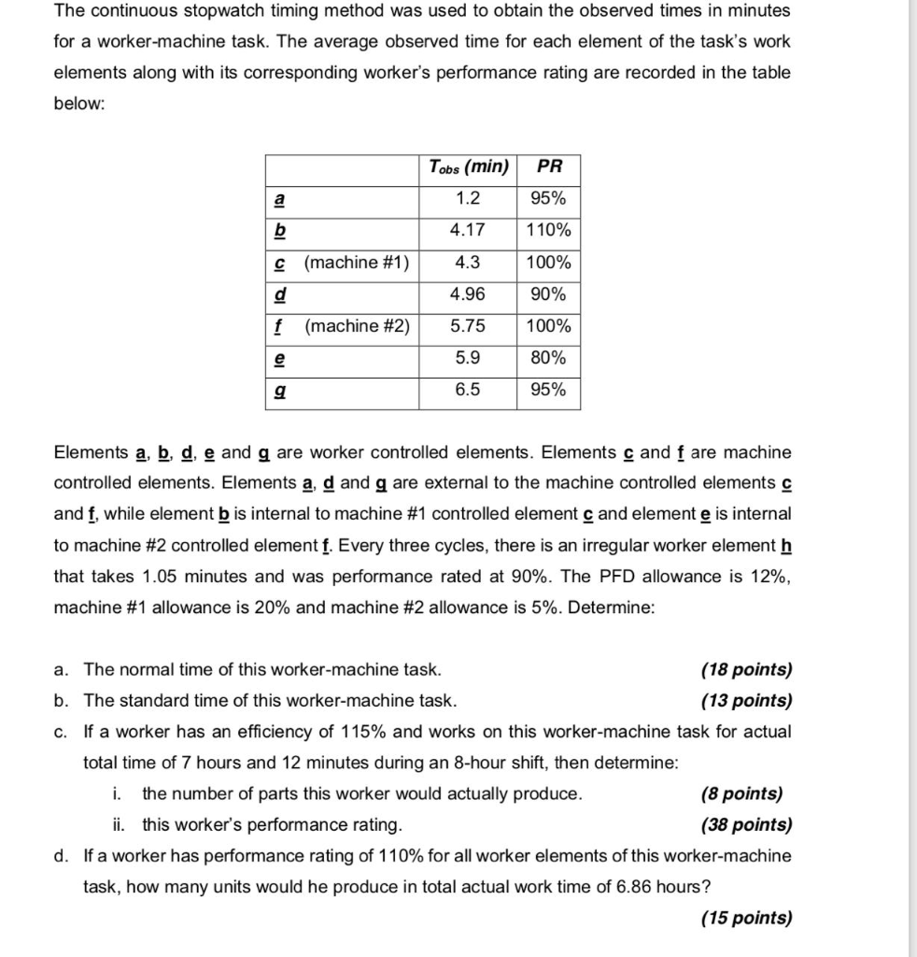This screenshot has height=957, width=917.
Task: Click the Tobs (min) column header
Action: pyautogui.click(x=468, y=168)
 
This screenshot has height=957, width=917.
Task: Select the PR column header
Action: pyautogui.click(x=550, y=168)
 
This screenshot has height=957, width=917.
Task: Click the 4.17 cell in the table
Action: pyautogui.click(x=467, y=231)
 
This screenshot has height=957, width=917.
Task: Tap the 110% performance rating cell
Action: pyautogui.click(x=549, y=231)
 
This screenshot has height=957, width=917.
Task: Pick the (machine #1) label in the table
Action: pyautogui.click(x=357, y=263)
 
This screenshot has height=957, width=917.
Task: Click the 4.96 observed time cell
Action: pyautogui.click(x=467, y=294)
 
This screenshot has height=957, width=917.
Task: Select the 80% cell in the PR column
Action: pyautogui.click(x=549, y=358)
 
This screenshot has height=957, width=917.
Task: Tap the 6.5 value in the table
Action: pyautogui.click(x=467, y=390)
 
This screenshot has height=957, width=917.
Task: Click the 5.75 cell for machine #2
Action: pyautogui.click(x=467, y=326)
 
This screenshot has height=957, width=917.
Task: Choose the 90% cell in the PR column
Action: pyautogui.click(x=549, y=294)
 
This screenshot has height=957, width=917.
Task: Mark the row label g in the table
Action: pyautogui.click(x=278, y=391)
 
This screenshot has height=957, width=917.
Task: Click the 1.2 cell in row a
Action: pyautogui.click(x=467, y=199)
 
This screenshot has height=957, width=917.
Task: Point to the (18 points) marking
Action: pyautogui.click(x=745, y=669)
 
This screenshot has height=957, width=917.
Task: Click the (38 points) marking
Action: pyautogui.click(x=745, y=825)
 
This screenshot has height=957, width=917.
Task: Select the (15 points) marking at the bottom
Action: pyautogui.click(x=745, y=919)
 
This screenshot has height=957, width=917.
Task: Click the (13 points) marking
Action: pyautogui.click(x=745, y=700)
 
